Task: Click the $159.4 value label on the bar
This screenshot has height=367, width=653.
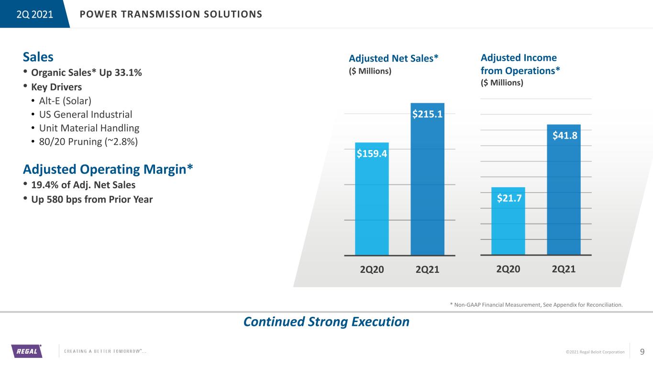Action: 372,153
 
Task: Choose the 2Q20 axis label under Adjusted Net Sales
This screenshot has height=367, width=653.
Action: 372,270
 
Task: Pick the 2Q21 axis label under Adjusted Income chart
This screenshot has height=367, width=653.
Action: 564,269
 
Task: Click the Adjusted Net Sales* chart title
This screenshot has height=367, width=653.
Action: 394,58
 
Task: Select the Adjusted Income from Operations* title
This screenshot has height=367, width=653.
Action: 520,64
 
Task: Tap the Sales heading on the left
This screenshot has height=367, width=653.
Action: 38,57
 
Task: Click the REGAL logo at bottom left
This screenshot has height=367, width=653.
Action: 26,351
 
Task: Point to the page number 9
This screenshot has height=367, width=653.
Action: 642,352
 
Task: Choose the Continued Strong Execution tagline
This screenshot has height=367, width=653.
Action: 326,322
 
